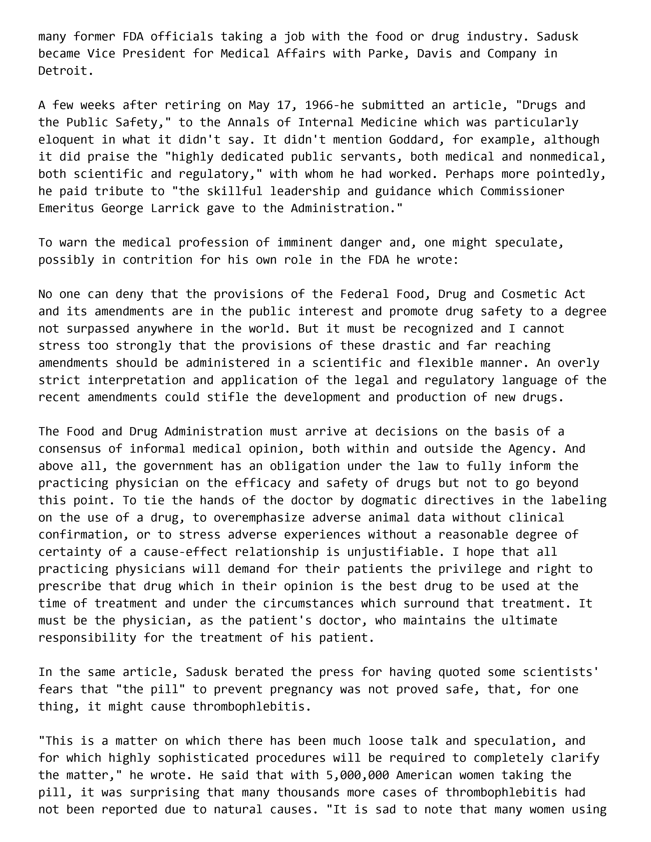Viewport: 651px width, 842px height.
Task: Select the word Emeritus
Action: click(x=66, y=209)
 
